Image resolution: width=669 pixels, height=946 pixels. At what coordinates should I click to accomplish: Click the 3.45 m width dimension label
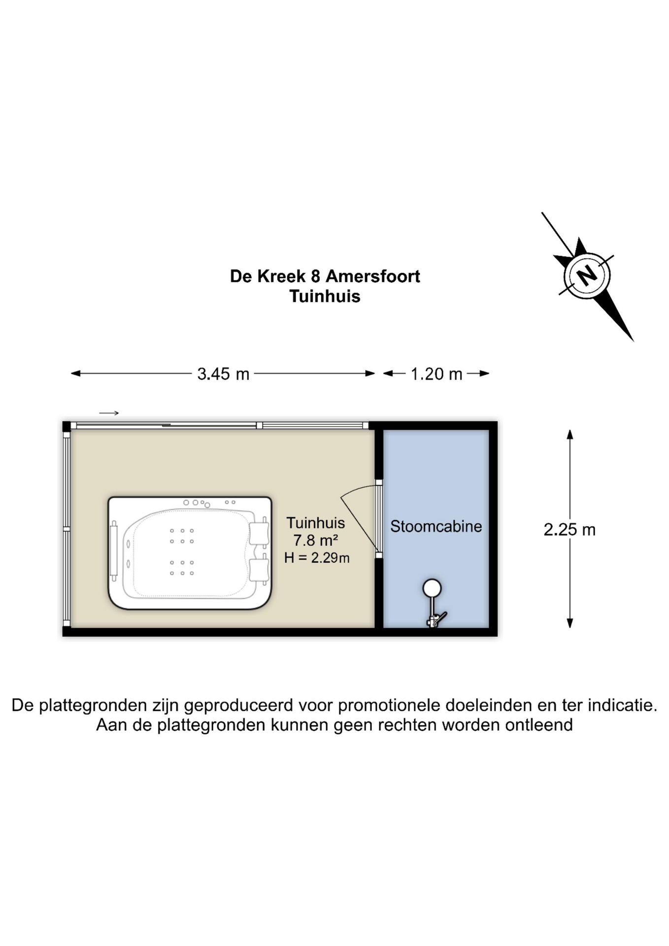[x=223, y=374]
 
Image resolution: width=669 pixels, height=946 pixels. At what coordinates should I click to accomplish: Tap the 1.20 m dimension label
[x=436, y=374]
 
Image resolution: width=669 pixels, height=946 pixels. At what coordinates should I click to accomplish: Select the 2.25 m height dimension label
[x=569, y=530]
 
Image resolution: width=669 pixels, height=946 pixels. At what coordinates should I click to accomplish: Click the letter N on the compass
[x=586, y=275]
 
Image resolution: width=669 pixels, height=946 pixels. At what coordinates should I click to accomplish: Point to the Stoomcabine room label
[x=436, y=526]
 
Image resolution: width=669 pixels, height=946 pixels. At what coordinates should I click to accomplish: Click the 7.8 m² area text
[x=316, y=541]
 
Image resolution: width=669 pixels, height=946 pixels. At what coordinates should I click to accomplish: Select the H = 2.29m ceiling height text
[x=317, y=558]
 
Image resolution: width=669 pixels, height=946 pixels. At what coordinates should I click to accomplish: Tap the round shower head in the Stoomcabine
[x=432, y=588]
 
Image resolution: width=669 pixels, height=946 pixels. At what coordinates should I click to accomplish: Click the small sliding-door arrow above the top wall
[x=109, y=413]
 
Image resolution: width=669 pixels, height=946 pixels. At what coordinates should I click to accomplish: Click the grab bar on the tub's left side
[x=114, y=550]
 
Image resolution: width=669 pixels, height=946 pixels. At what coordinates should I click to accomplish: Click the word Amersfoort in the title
[x=373, y=276]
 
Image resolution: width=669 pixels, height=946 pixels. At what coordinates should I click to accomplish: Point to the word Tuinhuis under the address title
[x=325, y=296]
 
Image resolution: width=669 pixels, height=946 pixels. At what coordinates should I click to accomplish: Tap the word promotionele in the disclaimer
[x=389, y=705]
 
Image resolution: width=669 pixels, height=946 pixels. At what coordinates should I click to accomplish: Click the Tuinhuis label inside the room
[x=316, y=523]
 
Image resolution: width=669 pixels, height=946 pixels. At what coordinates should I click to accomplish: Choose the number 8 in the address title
[x=315, y=276]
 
